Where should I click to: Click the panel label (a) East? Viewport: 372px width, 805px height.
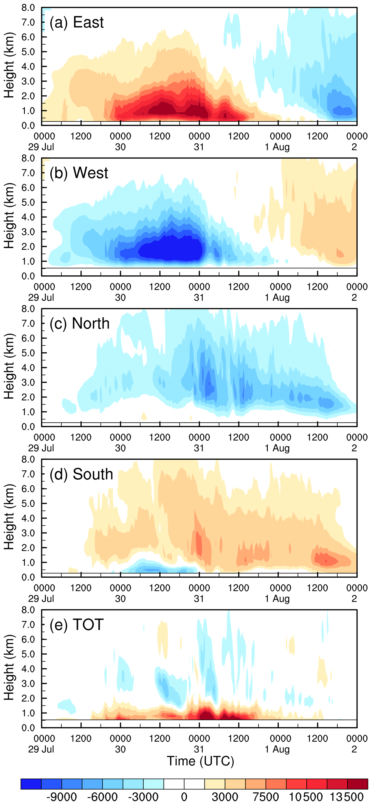click(77, 23)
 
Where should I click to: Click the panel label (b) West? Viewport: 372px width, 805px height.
click(79, 173)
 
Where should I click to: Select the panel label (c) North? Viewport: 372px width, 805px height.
click(79, 323)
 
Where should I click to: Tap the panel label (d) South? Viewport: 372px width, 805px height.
click(81, 474)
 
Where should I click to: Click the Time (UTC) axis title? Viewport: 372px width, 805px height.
click(200, 761)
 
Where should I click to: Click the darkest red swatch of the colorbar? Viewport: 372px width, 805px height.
click(358, 784)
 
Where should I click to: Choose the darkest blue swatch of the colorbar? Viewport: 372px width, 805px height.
click(31, 784)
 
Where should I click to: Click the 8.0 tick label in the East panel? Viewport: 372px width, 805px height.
click(28, 7)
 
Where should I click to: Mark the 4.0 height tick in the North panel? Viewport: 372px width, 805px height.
click(28, 368)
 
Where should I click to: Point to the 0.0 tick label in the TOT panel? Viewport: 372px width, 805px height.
click(28, 728)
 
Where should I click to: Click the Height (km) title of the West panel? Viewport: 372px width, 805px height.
click(9, 216)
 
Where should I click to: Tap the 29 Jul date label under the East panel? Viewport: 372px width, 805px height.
click(41, 147)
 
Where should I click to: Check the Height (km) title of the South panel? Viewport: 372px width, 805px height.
click(9, 517)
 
